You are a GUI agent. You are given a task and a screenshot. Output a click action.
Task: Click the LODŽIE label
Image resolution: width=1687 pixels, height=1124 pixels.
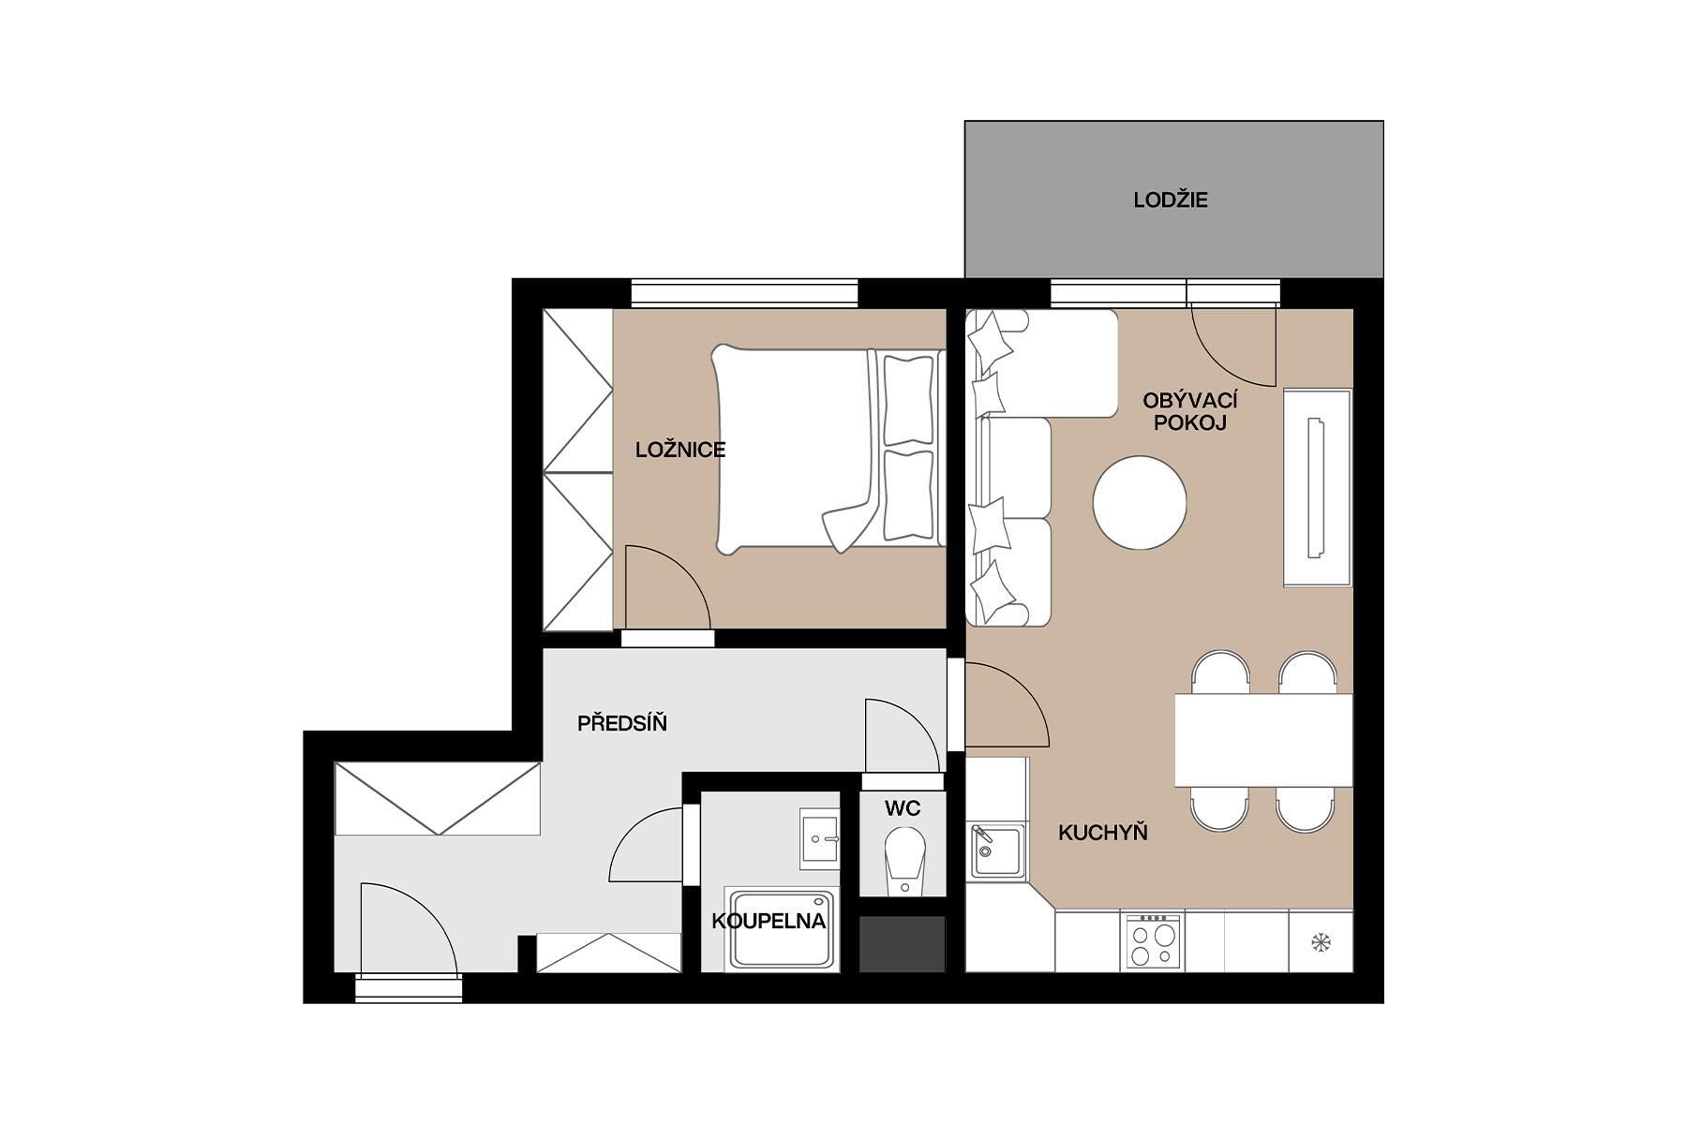click(1171, 200)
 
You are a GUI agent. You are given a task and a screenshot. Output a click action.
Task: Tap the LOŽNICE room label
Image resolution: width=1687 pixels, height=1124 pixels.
click(680, 450)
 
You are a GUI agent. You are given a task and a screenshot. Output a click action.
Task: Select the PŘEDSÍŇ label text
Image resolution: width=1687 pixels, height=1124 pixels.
click(622, 723)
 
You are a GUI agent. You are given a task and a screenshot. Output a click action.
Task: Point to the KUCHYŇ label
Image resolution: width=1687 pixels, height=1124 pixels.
click(1103, 833)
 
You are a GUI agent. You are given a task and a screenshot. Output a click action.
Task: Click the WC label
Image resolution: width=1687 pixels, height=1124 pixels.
click(903, 808)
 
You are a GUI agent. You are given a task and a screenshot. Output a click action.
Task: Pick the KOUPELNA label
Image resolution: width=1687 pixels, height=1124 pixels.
click(769, 921)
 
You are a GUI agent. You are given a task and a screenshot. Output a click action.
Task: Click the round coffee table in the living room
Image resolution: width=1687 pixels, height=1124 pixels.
click(1140, 502)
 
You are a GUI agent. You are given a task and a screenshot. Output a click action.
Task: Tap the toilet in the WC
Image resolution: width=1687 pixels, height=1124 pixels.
click(904, 860)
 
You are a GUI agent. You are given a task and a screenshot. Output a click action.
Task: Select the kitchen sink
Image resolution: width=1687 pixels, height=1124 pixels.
click(997, 850)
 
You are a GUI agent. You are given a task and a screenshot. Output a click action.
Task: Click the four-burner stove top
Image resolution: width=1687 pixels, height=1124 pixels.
click(1153, 940)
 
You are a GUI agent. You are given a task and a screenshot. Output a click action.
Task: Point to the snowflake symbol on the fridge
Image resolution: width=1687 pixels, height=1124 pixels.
click(1321, 942)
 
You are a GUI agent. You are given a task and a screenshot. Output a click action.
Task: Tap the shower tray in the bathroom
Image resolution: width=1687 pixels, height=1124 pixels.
click(783, 929)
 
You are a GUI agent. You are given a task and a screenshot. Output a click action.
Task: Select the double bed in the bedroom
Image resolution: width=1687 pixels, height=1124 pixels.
click(828, 449)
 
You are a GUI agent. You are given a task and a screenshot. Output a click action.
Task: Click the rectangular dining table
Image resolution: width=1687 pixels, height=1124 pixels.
click(1263, 740)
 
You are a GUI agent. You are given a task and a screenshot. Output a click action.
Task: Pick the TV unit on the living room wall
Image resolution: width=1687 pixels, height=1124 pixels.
click(1317, 487)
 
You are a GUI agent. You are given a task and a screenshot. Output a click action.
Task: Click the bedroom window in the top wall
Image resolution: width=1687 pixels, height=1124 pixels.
click(744, 293)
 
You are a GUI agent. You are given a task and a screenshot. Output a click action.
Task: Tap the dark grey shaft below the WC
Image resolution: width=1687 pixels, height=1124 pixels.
click(903, 944)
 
